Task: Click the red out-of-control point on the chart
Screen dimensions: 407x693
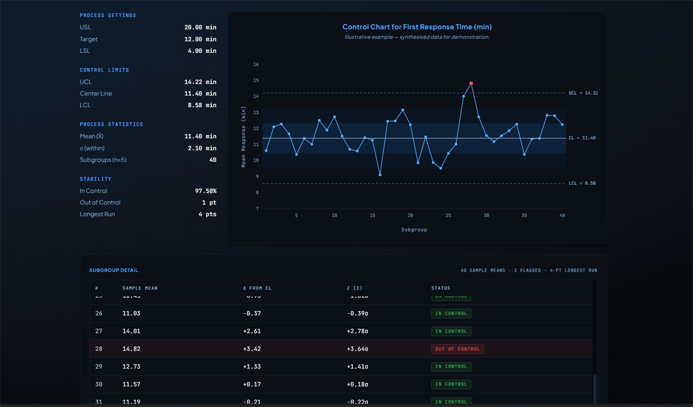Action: tap(471, 83)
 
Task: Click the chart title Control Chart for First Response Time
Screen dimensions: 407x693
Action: tap(417, 27)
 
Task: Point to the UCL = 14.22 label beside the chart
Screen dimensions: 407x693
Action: tap(583, 93)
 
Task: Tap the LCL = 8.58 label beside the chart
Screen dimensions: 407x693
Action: tap(582, 183)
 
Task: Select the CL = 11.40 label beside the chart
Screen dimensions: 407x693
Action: tap(582, 138)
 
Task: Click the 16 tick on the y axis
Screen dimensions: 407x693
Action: tap(256, 64)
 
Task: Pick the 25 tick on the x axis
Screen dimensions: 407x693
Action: tap(448, 215)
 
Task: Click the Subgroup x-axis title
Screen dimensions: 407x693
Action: tap(414, 230)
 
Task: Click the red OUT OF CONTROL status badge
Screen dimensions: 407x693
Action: tap(457, 349)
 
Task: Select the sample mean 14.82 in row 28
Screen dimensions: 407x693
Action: tap(132, 349)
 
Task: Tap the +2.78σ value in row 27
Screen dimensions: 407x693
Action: tap(357, 331)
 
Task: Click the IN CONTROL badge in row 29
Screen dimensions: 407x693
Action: tap(451, 367)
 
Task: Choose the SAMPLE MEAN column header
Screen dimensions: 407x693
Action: tap(140, 288)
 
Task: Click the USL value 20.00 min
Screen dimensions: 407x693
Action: tap(200, 27)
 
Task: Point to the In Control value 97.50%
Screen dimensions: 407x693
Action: tap(206, 191)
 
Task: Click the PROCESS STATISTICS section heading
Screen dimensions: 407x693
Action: tap(111, 124)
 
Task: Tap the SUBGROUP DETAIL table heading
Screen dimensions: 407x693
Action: tap(114, 270)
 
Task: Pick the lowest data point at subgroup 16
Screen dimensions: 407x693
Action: tap(380, 174)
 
